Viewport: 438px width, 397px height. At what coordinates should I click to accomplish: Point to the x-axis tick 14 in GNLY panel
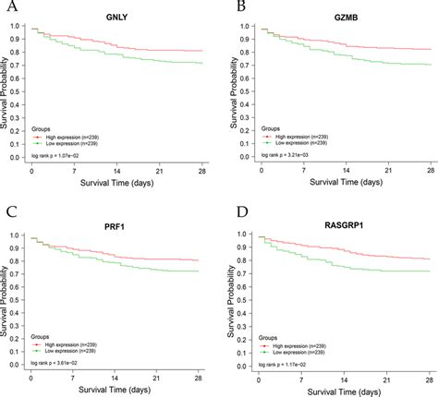pos(116,172)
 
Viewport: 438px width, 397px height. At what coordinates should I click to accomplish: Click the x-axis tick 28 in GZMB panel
pos(431,172)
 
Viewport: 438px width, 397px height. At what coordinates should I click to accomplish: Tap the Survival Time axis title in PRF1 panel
pos(116,390)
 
